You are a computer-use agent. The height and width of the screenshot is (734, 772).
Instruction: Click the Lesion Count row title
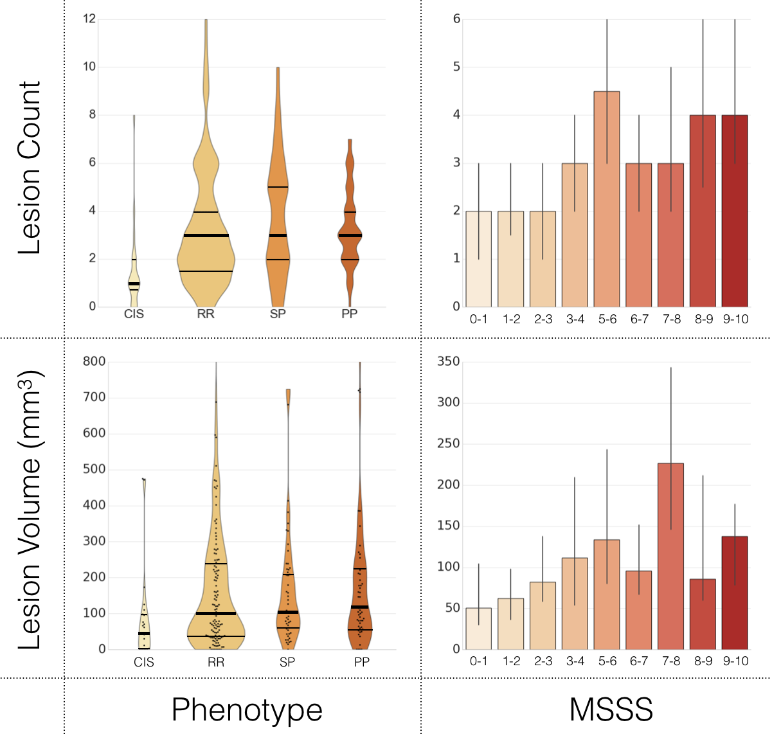(30, 168)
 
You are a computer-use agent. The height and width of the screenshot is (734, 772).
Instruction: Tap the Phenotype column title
(247, 710)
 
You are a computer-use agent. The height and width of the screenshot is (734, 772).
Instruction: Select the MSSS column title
(611, 710)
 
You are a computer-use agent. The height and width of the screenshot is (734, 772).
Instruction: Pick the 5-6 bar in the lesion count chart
(607, 199)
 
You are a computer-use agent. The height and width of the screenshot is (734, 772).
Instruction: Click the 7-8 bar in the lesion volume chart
(670, 556)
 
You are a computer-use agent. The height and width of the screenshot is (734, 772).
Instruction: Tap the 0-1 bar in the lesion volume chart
(479, 629)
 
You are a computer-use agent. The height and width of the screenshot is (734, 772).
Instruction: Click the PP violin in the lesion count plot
(350, 238)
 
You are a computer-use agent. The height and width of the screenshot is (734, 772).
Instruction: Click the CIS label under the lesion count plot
(134, 314)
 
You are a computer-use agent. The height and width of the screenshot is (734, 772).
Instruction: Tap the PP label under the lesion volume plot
(362, 662)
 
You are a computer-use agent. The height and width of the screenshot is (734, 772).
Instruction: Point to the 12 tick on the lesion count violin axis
(89, 19)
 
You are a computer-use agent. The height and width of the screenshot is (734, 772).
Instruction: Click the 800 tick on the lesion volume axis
(94, 361)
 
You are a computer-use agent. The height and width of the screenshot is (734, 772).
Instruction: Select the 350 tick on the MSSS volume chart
(448, 361)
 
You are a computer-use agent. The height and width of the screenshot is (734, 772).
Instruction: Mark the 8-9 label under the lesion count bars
(703, 319)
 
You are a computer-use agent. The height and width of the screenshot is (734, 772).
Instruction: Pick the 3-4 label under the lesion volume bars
(575, 661)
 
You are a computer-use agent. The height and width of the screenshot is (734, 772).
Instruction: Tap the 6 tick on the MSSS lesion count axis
(456, 19)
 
